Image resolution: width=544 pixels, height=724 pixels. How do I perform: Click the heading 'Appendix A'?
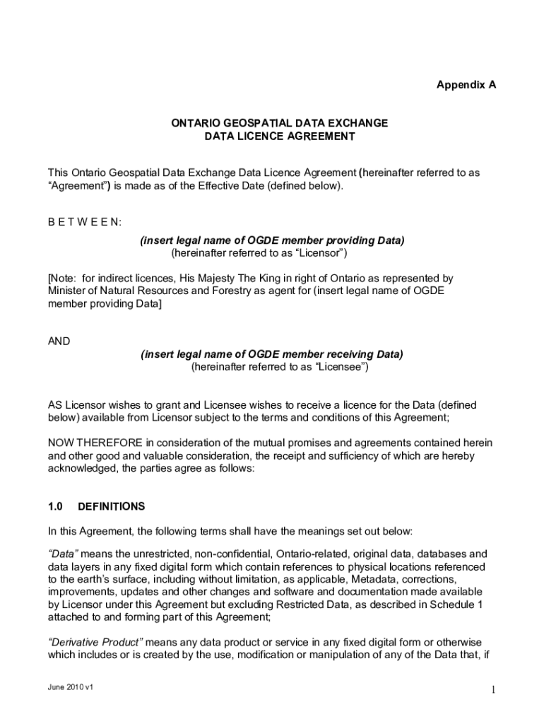466,85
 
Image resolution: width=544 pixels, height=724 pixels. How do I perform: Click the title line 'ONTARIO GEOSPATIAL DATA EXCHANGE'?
280,123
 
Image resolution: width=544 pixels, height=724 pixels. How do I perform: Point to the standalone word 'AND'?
59,341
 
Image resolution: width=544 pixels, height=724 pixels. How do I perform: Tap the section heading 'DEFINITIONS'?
111,506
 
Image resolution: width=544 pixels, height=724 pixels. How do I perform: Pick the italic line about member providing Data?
272,240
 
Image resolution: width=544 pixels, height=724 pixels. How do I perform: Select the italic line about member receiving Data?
272,354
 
